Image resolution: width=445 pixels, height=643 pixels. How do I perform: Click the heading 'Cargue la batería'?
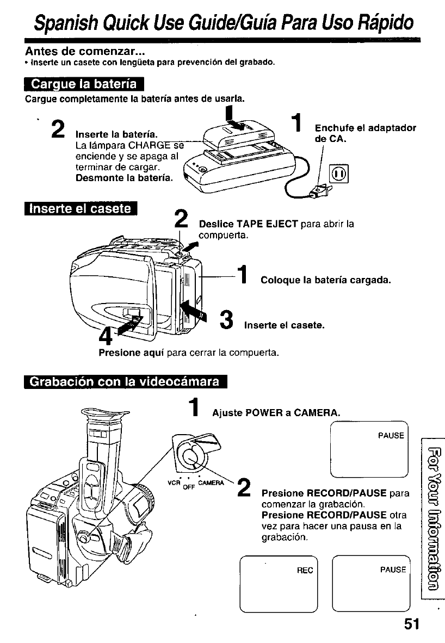click(84, 84)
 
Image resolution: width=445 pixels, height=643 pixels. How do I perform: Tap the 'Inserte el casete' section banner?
click(81, 209)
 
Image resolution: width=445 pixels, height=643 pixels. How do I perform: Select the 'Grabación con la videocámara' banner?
click(126, 382)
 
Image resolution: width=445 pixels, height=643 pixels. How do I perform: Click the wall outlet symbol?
click(339, 174)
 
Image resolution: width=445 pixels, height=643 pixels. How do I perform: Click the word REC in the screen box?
click(305, 571)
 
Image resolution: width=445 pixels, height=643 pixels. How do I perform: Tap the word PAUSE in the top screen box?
click(391, 436)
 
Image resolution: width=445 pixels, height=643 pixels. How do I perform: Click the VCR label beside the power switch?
click(174, 483)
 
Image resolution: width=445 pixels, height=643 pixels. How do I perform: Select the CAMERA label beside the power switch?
click(211, 483)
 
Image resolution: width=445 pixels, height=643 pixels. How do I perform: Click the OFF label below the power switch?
click(189, 487)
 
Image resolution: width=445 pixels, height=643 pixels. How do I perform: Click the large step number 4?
click(106, 336)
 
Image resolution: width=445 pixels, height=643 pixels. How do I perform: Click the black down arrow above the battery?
click(231, 116)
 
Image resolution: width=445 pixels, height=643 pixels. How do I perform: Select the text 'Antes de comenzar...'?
click(85, 51)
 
